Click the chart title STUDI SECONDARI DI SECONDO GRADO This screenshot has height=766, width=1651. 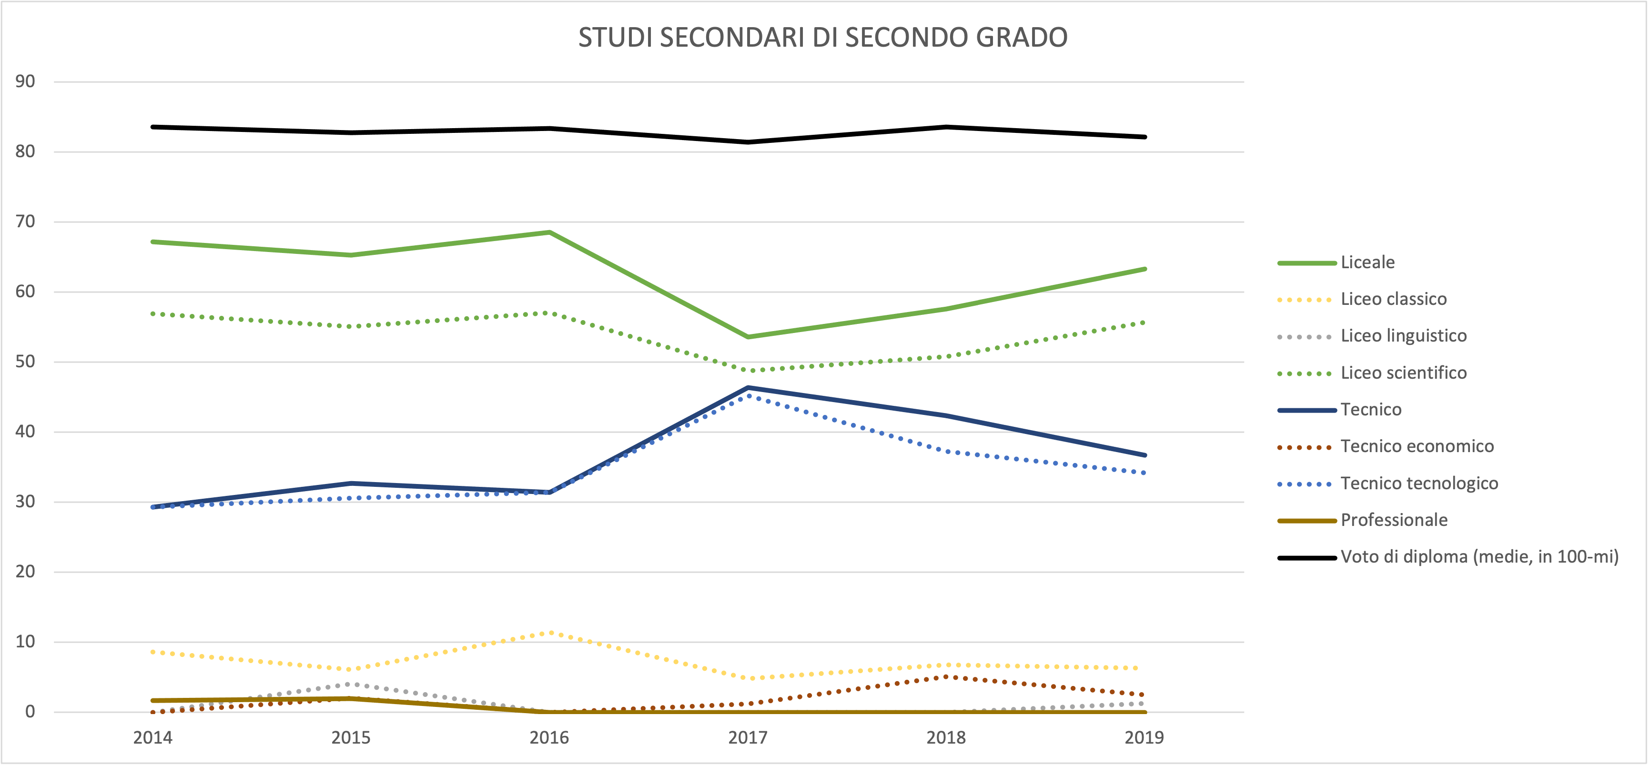click(x=823, y=37)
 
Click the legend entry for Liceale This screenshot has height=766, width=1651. click(x=1367, y=262)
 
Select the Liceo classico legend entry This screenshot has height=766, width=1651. click(x=1393, y=299)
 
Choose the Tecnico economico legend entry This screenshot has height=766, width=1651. click(x=1417, y=446)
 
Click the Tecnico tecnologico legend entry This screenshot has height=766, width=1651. click(x=1419, y=484)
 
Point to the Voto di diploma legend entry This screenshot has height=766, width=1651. click(x=1479, y=556)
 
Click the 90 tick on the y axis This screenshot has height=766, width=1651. click(x=26, y=81)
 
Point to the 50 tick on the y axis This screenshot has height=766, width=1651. click(x=26, y=362)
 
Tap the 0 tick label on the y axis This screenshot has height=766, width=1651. click(x=30, y=712)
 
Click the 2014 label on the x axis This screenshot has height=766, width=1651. click(x=152, y=738)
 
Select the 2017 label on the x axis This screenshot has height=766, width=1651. click(x=747, y=738)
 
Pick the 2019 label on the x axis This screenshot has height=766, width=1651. click(x=1144, y=738)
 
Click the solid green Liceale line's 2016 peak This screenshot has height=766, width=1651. click(x=549, y=232)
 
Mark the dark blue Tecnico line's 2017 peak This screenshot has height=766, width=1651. click(x=748, y=388)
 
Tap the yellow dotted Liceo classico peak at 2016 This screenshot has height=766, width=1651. click(x=549, y=633)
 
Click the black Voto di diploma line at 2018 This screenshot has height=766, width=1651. click(x=946, y=127)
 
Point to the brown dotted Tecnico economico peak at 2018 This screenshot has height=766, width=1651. click(x=946, y=676)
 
